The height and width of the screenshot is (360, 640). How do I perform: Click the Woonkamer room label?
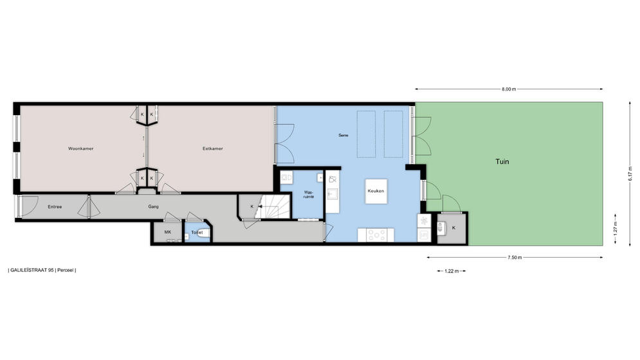81,148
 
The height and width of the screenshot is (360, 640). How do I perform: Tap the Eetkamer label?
213,148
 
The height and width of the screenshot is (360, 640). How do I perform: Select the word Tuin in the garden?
502,161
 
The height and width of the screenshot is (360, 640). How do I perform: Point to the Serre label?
343,135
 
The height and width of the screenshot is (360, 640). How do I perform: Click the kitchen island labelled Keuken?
376,191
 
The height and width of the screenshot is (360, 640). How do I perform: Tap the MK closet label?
168,232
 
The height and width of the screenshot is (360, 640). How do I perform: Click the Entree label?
55,207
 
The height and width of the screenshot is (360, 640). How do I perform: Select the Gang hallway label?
154,207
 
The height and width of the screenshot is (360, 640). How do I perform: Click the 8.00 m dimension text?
509,89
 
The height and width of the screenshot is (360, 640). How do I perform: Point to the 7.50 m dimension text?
515,258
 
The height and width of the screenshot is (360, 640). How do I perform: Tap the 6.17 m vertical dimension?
630,174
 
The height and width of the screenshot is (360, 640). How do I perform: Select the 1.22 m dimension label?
452,271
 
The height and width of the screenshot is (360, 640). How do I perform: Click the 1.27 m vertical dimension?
615,229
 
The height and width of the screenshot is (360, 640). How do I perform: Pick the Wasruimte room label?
309,194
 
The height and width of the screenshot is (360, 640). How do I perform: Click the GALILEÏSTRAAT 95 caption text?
32,270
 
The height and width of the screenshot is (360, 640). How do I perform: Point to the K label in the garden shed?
454,228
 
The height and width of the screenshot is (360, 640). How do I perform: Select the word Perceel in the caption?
66,270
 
